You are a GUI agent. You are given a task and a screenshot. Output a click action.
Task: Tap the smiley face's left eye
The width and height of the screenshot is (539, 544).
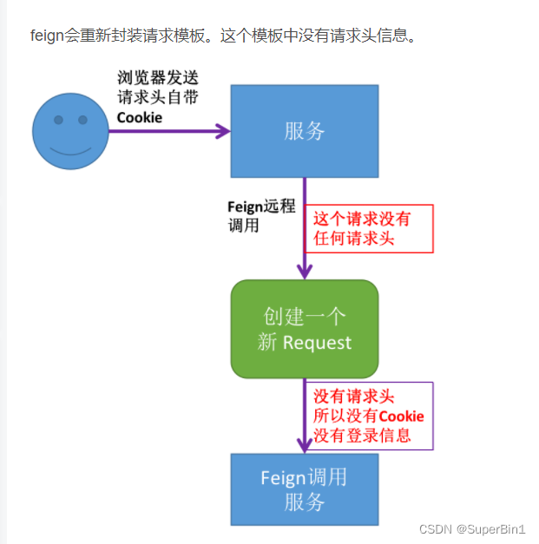(58, 119)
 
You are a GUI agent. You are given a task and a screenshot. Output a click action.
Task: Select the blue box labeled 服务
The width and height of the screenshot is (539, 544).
(304, 131)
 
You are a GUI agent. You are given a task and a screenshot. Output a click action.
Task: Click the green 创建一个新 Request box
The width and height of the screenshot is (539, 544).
(304, 329)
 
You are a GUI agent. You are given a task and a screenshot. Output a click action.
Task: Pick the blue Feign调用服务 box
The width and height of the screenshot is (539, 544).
(304, 489)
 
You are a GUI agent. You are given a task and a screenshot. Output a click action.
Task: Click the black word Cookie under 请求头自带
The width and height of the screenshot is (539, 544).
(140, 117)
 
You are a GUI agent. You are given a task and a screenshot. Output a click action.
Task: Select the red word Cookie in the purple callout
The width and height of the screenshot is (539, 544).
(402, 416)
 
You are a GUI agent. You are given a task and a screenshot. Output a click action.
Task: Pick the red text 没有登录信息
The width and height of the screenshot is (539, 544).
(363, 436)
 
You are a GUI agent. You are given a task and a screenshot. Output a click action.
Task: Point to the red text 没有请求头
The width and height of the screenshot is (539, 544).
(354, 397)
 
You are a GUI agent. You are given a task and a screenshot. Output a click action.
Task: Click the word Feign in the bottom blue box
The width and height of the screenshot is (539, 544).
(283, 478)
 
